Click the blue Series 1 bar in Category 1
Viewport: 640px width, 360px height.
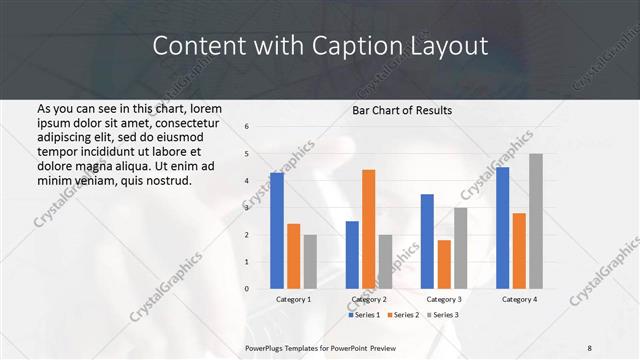coord(277,231)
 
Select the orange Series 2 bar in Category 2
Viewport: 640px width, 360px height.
coord(368,229)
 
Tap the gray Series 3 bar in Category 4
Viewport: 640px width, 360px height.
coord(535,221)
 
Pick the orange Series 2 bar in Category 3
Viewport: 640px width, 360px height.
coord(444,264)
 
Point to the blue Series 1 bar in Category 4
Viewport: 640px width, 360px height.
coord(502,228)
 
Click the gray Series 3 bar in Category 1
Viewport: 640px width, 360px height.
coord(309,262)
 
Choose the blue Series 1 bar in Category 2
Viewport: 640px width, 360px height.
coord(352,255)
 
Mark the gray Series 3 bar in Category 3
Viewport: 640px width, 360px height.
coord(460,248)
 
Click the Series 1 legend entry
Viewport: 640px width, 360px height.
coord(364,315)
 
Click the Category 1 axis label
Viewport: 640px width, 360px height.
coord(293,299)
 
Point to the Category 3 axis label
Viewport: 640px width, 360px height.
coord(444,299)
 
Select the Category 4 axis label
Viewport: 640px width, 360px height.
coord(519,299)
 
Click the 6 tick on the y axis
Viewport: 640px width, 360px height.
coord(247,127)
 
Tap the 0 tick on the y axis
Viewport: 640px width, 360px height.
coord(247,289)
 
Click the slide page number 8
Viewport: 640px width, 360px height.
coord(590,347)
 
